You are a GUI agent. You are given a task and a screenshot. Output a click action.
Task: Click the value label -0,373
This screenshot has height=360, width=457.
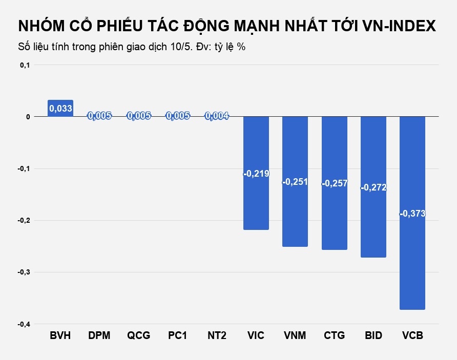coord(412,214)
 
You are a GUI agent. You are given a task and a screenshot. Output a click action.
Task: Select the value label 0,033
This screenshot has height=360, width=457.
coord(60,108)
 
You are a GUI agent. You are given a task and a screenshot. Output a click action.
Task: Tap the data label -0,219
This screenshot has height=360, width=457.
coord(256,174)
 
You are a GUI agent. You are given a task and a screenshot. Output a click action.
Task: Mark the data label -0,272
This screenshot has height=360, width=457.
coord(373,187)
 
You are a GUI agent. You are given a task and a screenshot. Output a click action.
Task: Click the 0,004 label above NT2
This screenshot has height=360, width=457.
coord(217,116)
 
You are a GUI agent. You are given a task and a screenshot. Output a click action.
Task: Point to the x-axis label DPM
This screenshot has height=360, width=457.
coord(99,336)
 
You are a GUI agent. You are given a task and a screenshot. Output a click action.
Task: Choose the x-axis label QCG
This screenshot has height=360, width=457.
coord(139,336)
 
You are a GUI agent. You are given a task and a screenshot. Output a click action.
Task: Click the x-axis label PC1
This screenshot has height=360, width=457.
coord(178,336)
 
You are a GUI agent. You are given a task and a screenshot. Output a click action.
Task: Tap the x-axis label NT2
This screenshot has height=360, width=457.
coord(217,336)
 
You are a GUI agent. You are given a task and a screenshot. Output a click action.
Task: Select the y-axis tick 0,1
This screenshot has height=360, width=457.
coord(25,65)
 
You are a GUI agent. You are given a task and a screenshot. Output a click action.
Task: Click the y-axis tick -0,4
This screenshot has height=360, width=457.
coord(24,324)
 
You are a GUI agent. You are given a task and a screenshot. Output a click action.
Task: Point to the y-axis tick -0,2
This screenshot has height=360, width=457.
coord(24,221)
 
